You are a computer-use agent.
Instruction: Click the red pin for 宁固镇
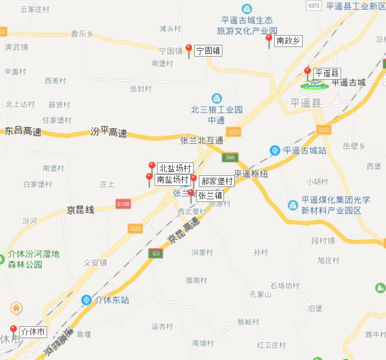click(x=188, y=50)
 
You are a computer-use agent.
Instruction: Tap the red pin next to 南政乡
click(x=269, y=40)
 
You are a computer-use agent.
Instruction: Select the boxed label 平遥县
click(x=327, y=73)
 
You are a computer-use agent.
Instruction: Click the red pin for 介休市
click(x=13, y=330)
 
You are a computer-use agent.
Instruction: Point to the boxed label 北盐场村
click(x=174, y=169)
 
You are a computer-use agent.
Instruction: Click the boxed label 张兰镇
click(x=210, y=195)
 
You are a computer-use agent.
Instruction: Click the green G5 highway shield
click(x=156, y=253)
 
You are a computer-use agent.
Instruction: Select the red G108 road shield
click(x=123, y=204)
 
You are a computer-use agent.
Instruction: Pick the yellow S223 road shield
click(x=136, y=229)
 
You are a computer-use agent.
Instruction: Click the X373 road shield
click(x=314, y=5)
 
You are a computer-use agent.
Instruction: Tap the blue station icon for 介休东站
click(x=86, y=300)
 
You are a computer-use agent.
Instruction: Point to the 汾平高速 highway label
click(x=109, y=132)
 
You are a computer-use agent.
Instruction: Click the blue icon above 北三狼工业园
click(x=217, y=98)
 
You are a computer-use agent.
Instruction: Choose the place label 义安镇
click(x=96, y=263)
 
